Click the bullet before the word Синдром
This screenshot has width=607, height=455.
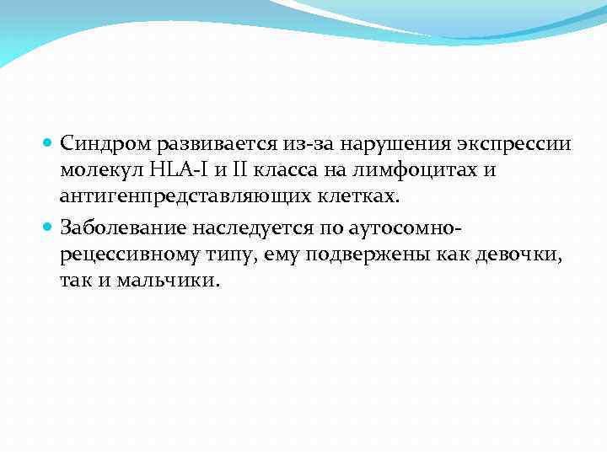(51, 144)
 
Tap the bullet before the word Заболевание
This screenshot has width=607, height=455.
(51, 227)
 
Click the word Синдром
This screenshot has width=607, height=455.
(99, 144)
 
